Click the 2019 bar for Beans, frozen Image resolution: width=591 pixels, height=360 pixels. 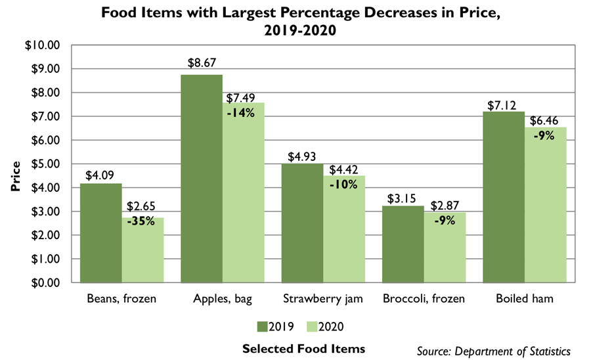[x=101, y=233]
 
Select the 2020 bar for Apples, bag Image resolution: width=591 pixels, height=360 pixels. [x=243, y=197]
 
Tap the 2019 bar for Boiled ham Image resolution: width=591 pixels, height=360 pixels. [x=505, y=197]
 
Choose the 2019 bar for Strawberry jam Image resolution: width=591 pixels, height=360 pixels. [x=303, y=223]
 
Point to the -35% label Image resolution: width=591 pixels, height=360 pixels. [x=142, y=221]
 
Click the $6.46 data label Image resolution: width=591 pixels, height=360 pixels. [x=546, y=122]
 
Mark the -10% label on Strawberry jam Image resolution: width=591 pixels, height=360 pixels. [x=343, y=184]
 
